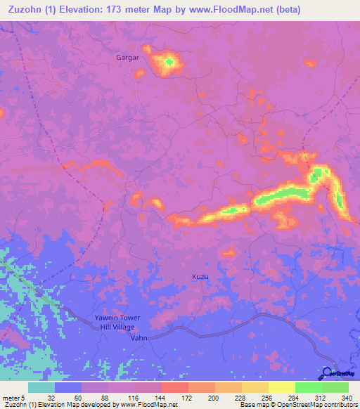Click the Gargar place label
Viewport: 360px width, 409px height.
[128, 58]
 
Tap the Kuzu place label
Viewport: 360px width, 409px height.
[200, 277]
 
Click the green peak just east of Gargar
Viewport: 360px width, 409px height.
[169, 63]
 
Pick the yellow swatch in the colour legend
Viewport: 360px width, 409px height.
[281, 387]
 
